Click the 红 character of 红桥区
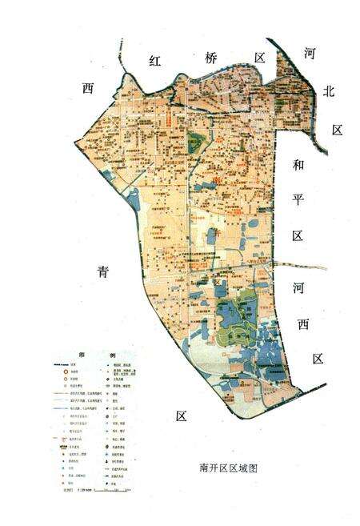click(154, 62)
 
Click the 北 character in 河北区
click(326, 91)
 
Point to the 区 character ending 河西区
click(318, 359)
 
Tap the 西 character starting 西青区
click(88, 87)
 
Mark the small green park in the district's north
click(196, 145)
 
